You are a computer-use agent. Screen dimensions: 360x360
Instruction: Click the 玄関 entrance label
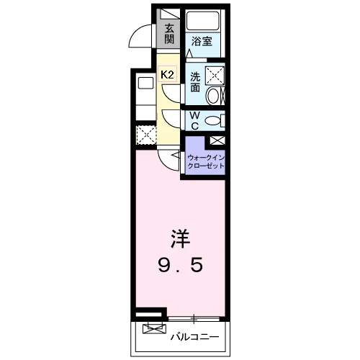pyautogui.click(x=169, y=35)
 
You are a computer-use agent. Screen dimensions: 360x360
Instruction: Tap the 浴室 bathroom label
pyautogui.click(x=202, y=41)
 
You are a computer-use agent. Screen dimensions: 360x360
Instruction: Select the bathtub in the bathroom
pyautogui.click(x=203, y=20)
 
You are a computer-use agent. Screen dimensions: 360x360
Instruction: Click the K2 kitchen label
pyautogui.click(x=167, y=74)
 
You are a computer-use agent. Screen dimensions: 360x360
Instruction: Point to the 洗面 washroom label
pyautogui.click(x=195, y=82)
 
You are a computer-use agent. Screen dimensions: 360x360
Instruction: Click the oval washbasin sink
pyautogui.click(x=212, y=96)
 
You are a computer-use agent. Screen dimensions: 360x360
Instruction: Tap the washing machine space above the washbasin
pyautogui.click(x=215, y=76)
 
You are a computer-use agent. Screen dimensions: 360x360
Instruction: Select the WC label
pyautogui.click(x=195, y=121)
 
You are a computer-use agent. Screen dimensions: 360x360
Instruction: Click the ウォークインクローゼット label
pyautogui.click(x=206, y=162)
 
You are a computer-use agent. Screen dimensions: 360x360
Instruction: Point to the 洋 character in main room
pyautogui.click(x=180, y=239)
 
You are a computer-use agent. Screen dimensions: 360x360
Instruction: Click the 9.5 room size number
pyautogui.click(x=181, y=265)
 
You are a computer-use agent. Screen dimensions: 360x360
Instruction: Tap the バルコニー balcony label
pyautogui.click(x=194, y=337)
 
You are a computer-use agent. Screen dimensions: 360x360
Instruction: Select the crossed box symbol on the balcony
pyautogui.click(x=154, y=328)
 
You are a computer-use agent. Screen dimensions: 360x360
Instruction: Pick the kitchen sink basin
pyautogui.click(x=146, y=84)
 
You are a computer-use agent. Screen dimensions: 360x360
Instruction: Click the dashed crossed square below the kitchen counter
pyautogui.click(x=146, y=135)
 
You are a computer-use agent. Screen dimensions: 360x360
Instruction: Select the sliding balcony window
pyautogui.click(x=194, y=319)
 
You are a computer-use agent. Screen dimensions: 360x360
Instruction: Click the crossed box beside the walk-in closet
pyautogui.click(x=217, y=140)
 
